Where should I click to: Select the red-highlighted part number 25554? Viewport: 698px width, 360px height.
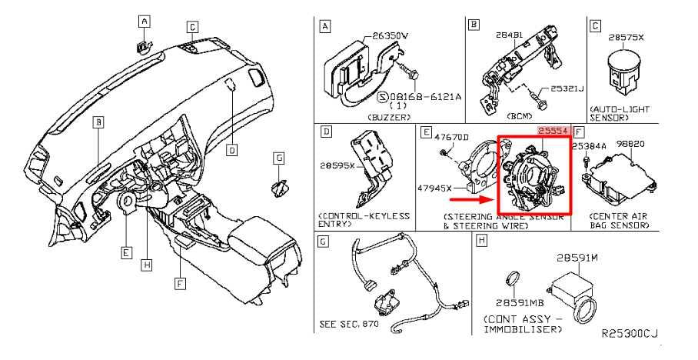[553, 132]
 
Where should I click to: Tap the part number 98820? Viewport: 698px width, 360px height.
[633, 144]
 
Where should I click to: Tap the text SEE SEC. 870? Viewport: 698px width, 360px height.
[349, 323]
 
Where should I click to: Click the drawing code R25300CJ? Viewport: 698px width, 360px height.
[630, 333]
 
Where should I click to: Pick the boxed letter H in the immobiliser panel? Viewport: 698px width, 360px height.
[481, 242]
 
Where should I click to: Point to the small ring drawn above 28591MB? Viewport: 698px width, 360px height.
[513, 279]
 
